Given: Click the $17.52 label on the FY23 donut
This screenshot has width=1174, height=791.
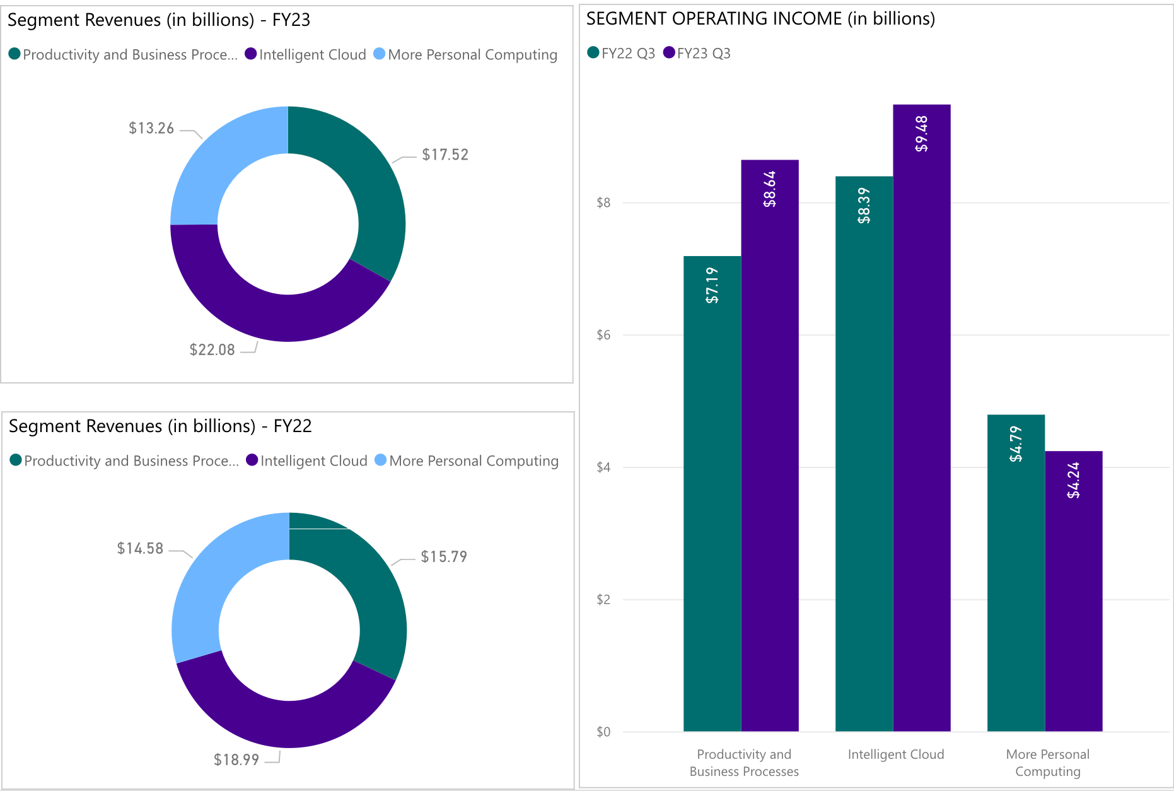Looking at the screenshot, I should click(445, 155).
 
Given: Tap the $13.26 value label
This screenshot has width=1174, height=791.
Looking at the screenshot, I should click(151, 128).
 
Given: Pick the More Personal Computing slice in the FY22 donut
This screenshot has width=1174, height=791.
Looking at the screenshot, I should click(208, 580).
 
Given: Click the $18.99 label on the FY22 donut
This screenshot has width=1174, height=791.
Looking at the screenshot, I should click(236, 759).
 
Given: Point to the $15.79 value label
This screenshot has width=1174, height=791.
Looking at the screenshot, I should click(444, 556).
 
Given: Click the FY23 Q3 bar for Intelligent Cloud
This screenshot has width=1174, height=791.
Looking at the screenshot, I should click(921, 442).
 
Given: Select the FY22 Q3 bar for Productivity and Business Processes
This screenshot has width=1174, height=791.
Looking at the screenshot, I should click(712, 505).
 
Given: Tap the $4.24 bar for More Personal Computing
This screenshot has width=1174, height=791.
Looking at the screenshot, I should click(1073, 599).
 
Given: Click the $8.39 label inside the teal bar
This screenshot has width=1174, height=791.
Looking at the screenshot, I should click(864, 206).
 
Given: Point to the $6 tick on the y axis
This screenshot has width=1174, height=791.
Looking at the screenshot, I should click(603, 335).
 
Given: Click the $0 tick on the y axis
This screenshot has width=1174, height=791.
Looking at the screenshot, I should click(603, 732).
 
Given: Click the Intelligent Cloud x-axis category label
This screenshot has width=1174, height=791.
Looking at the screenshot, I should click(895, 754).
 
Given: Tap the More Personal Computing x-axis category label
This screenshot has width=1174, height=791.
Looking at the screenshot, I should click(1047, 763).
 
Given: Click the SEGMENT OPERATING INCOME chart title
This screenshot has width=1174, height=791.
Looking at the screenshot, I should click(760, 19).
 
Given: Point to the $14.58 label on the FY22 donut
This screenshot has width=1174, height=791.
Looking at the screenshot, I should click(140, 548).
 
